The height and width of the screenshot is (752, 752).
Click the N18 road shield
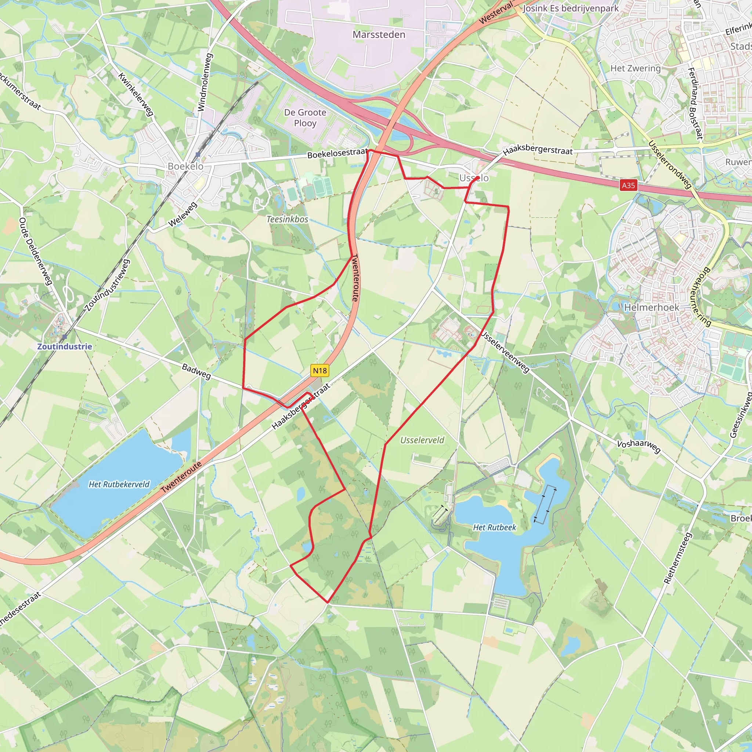click(320, 370)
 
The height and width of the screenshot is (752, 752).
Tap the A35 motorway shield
click(628, 185)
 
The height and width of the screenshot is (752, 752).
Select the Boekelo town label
click(185, 166)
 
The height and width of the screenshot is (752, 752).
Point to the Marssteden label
click(379, 35)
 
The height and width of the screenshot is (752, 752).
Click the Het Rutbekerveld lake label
click(119, 484)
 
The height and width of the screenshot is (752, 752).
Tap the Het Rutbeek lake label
click(494, 527)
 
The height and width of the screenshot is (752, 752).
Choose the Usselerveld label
click(422, 440)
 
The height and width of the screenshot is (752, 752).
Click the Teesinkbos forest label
click(287, 220)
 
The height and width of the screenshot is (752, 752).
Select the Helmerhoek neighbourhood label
click(652, 307)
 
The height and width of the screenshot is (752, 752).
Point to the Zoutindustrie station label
click(65, 346)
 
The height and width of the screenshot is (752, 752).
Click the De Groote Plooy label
click(305, 117)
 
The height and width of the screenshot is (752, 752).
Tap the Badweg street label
click(196, 372)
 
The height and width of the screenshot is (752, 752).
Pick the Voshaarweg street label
click(639, 446)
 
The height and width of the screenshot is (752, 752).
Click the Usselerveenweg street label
click(505, 352)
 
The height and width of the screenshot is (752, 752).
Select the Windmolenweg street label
click(205, 82)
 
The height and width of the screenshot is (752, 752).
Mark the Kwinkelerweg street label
click(136, 95)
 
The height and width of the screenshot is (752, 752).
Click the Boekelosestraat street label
click(337, 153)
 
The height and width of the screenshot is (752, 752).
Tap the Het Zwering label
click(635, 69)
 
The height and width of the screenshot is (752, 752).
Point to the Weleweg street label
click(182, 214)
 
